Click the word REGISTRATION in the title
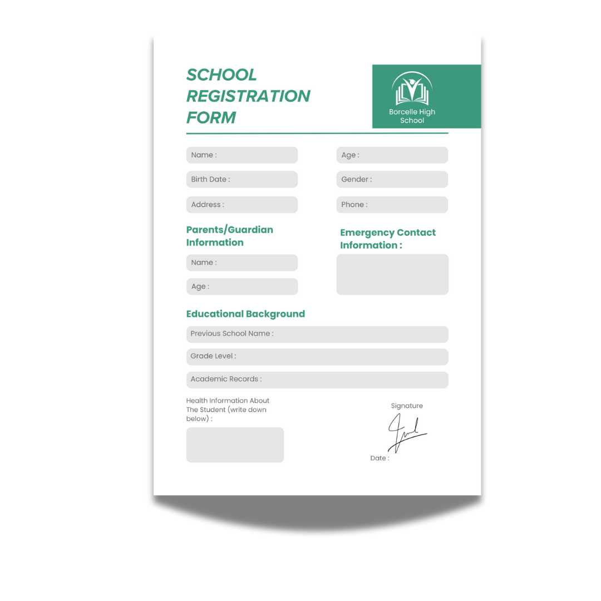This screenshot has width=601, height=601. (x=248, y=96)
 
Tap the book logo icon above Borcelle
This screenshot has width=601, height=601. (x=412, y=90)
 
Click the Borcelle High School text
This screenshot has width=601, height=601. (x=412, y=116)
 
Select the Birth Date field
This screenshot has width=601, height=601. (x=242, y=179)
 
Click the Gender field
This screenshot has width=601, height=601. (x=392, y=179)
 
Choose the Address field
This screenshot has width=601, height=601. (x=242, y=204)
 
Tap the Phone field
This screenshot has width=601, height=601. (x=392, y=204)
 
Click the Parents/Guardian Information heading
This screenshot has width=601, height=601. (x=229, y=236)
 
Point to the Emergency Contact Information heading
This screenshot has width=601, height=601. (x=388, y=239)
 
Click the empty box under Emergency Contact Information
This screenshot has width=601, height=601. (x=392, y=274)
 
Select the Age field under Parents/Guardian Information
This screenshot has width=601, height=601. (x=242, y=287)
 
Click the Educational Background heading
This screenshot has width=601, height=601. (x=245, y=314)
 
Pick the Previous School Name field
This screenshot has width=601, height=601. (x=317, y=334)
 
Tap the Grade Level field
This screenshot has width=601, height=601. (x=317, y=356)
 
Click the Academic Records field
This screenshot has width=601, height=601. (x=317, y=380)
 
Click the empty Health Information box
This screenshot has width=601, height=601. (x=235, y=445)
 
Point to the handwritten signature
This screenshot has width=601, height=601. (x=405, y=432)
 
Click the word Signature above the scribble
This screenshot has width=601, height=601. (x=407, y=406)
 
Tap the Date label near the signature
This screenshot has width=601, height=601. (x=380, y=458)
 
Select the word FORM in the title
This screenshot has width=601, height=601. (x=211, y=118)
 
